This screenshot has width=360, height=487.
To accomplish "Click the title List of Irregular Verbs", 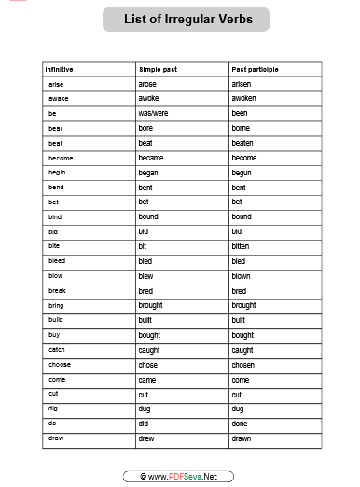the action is (x=188, y=19).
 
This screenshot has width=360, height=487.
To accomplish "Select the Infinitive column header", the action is (x=59, y=69).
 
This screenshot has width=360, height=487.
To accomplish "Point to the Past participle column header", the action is (x=255, y=69).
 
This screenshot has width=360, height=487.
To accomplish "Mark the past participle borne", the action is (x=242, y=128).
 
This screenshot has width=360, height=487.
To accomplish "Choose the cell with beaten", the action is (x=243, y=143).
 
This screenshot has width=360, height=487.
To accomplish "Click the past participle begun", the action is (x=242, y=173).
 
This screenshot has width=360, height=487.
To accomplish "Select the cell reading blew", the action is (x=146, y=276).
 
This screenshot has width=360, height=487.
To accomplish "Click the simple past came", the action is (x=147, y=380).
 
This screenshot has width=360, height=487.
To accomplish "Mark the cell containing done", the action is (x=241, y=424).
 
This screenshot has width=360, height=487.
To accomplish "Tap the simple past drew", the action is (x=146, y=438).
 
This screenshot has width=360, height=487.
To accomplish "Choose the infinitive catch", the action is (x=57, y=350).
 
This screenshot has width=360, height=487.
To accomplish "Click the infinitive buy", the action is (x=54, y=335).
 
